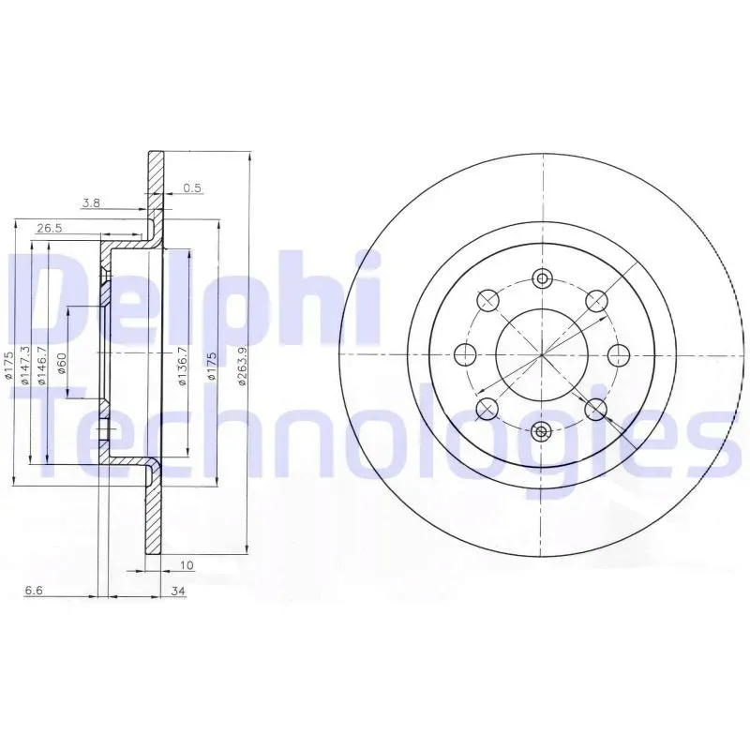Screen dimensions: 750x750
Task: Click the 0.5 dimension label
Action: tap(192, 188)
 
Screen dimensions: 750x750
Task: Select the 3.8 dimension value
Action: tap(91, 203)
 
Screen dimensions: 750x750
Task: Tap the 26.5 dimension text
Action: tap(50, 229)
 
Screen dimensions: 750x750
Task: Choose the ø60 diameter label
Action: tap(62, 364)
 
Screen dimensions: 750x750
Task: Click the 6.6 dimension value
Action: tap(35, 591)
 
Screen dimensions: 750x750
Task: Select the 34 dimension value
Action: tap(178, 592)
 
